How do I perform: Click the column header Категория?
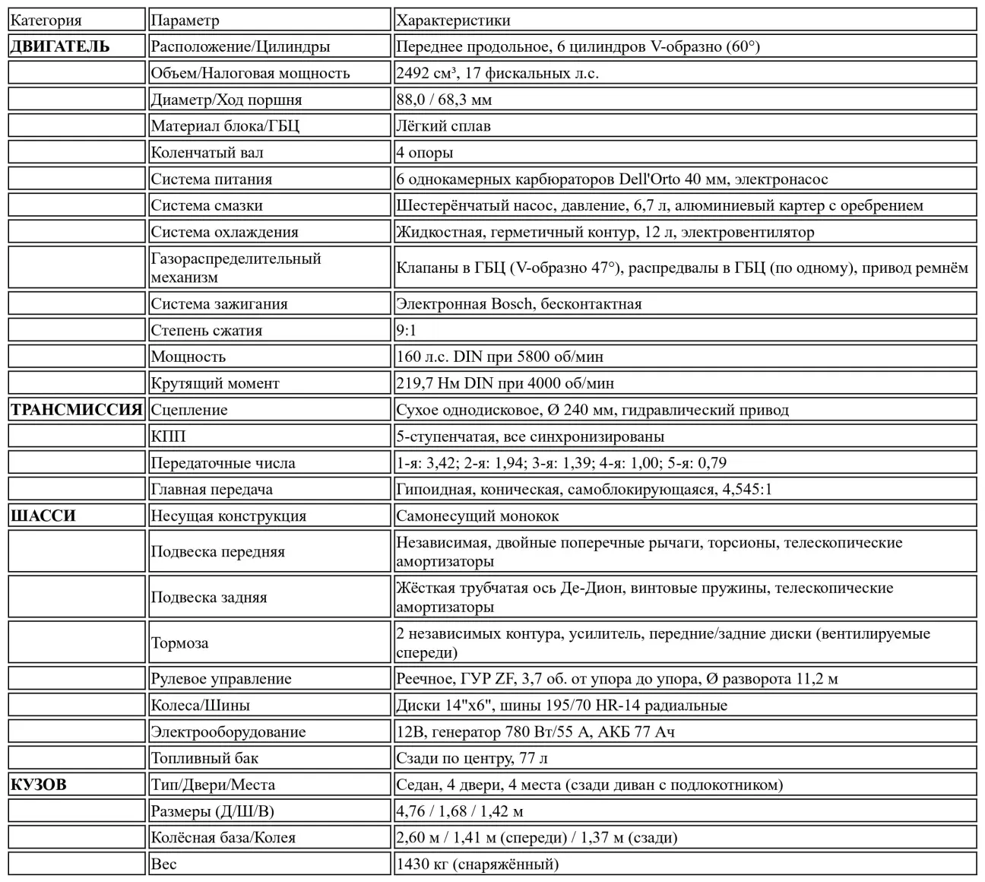46,21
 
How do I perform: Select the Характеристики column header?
453,21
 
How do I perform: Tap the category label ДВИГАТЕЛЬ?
60,46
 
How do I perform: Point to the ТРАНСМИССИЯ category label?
76,410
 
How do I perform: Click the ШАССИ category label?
43,516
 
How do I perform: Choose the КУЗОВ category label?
39,785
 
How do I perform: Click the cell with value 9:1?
407,330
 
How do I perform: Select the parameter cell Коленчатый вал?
207,152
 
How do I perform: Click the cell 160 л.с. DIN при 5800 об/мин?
499,357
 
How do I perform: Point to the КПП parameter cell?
168,436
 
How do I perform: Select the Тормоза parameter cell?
179,643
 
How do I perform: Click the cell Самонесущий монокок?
477,516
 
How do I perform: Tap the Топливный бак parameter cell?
204,758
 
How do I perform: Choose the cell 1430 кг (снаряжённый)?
477,864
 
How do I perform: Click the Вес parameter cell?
163,864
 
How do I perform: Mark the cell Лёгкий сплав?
443,125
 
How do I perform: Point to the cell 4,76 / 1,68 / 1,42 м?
459,811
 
